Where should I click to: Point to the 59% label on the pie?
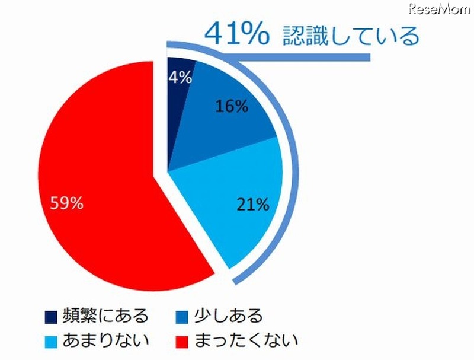click(67, 203)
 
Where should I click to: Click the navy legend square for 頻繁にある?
click(51, 314)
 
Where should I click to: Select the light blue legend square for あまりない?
click(51, 340)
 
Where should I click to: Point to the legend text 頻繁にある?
click(105, 314)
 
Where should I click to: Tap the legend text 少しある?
click(228, 314)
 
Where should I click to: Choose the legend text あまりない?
click(105, 340)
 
